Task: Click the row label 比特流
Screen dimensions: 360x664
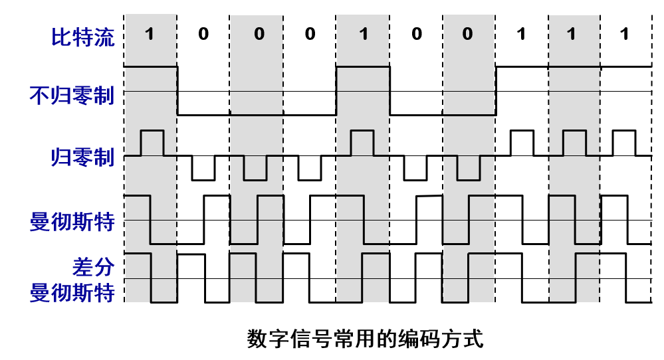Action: click(82, 37)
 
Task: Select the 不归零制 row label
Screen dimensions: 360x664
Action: click(72, 96)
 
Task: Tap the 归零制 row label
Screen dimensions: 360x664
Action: click(82, 157)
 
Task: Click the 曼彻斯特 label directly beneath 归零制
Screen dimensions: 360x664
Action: click(72, 221)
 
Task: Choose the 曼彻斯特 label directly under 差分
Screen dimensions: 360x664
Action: click(72, 292)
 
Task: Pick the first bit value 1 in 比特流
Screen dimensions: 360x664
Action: click(150, 34)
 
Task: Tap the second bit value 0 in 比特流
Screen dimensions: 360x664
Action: click(203, 34)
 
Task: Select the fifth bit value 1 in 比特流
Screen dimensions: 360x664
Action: click(362, 34)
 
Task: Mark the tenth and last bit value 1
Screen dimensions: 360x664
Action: click(623, 34)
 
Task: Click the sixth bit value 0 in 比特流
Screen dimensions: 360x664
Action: click(416, 34)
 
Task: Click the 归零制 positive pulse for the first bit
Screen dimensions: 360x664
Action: click(152, 142)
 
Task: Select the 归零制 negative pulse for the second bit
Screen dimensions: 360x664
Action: click(203, 169)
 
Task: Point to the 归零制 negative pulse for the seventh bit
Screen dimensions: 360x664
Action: click(469, 169)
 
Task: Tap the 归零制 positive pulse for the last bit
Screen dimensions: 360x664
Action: click(623, 142)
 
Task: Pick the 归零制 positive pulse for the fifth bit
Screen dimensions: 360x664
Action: click(362, 142)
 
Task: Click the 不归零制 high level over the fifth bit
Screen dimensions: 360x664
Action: click(363, 66)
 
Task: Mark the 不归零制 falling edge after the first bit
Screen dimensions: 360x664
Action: click(177, 90)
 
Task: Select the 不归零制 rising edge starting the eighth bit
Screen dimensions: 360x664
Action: click(496, 90)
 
